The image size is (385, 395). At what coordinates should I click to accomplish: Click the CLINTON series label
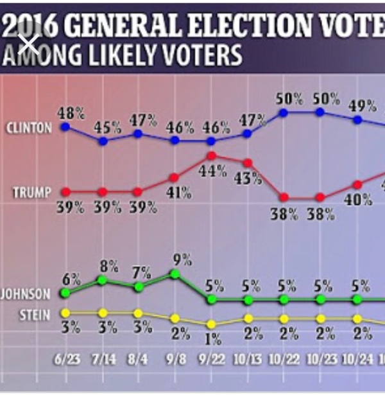pos(28,127)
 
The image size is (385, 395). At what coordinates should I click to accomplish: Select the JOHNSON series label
pos(26,295)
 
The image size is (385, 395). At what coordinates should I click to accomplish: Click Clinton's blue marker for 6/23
pos(65,127)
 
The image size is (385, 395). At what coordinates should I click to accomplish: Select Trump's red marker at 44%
pos(211,155)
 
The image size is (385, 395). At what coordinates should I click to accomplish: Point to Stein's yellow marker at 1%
pos(210,323)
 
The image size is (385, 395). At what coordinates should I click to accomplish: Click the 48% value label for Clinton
pos(71,112)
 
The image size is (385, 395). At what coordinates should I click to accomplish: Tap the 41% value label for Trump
pos(179,191)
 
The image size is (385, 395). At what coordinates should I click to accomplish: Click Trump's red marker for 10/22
pos(284,198)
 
